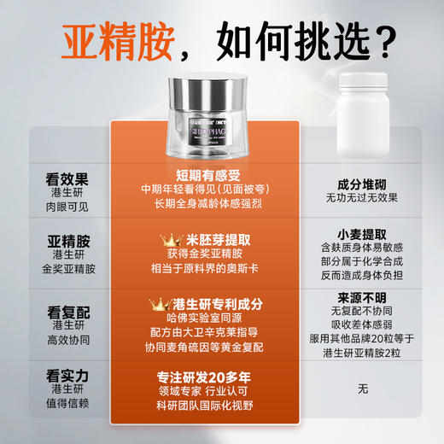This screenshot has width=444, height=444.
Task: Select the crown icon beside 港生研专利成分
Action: pyautogui.click(x=157, y=303)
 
